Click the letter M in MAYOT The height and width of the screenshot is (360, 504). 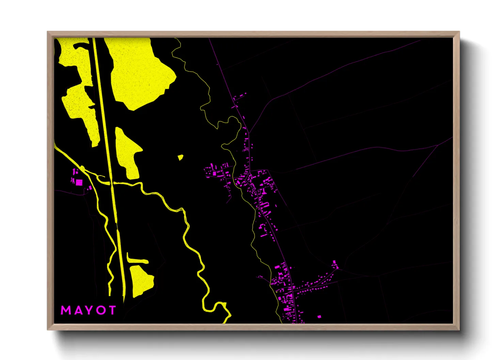66,310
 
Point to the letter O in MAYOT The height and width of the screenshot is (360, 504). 100,310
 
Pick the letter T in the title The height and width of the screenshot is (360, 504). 112,310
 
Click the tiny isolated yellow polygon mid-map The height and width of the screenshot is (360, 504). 180,157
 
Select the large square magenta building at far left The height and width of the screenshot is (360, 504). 79,182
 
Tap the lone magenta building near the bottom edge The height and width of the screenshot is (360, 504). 319,317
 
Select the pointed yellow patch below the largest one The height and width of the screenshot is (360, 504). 128,151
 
